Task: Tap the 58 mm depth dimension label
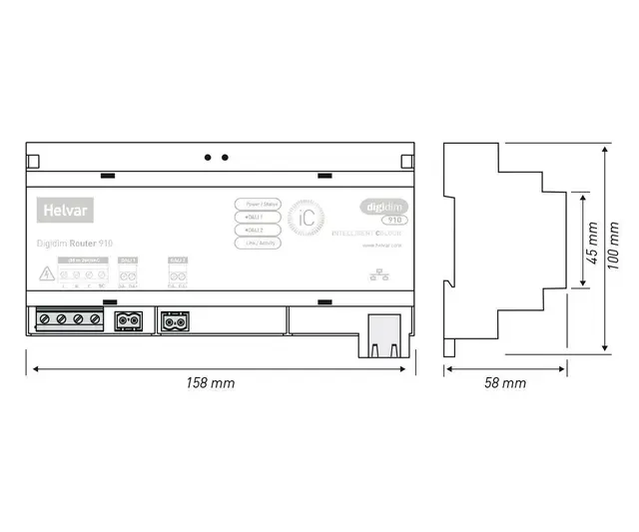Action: click(x=505, y=383)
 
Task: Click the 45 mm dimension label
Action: click(x=592, y=240)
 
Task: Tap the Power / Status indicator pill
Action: click(x=259, y=204)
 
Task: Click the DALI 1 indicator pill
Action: click(x=259, y=217)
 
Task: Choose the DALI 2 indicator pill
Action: click(x=259, y=230)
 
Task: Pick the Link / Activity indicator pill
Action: click(x=259, y=243)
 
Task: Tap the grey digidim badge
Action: click(x=380, y=207)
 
